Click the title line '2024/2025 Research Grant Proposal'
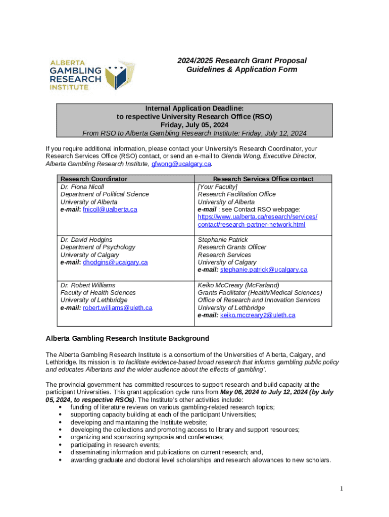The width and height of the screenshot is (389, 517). [x=241, y=61]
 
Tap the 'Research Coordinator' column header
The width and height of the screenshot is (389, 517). [x=94, y=179]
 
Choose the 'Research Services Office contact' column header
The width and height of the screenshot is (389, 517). [x=263, y=179]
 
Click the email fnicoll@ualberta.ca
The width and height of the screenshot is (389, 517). [x=110, y=209]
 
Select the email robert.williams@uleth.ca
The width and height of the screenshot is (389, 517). [x=117, y=307]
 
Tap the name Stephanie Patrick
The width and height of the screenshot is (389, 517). [x=223, y=239]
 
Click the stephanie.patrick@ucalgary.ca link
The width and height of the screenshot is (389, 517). [x=264, y=270]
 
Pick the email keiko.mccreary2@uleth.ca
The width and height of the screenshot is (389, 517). [x=258, y=315]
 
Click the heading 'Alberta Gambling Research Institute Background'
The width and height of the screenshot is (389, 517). [x=127, y=338]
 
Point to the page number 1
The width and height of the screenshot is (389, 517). [x=342, y=488]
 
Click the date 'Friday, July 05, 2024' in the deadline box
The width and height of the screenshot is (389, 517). [x=194, y=125]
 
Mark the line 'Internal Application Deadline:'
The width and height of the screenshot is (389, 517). [x=194, y=108]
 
